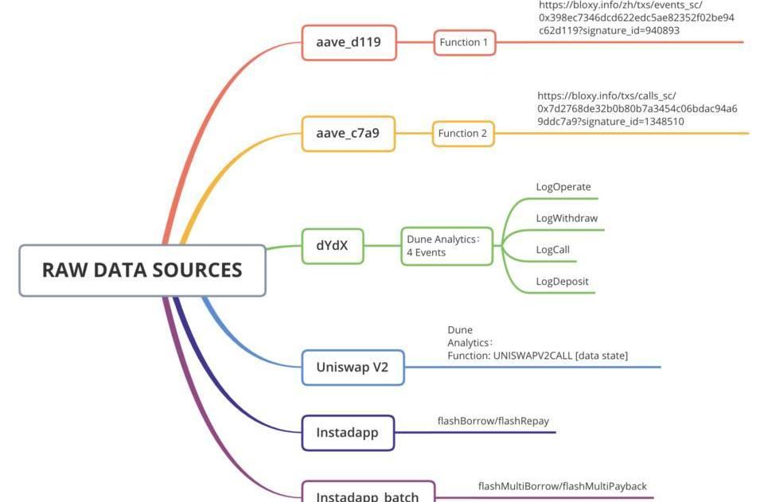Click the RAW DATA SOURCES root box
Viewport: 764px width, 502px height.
tap(142, 270)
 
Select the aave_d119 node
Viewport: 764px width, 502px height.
tap(349, 42)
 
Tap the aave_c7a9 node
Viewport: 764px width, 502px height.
tap(349, 133)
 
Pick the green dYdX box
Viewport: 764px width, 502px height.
tap(332, 245)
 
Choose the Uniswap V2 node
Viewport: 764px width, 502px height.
tap(353, 368)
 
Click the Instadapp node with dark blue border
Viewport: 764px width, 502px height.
tap(348, 433)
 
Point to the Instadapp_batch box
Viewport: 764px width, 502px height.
tap(368, 493)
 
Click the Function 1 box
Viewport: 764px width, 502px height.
tap(465, 42)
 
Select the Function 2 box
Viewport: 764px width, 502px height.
tap(463, 133)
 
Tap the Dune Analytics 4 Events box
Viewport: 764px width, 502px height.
tap(446, 246)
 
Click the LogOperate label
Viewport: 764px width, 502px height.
tap(563, 187)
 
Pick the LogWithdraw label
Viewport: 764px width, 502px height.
tap(567, 218)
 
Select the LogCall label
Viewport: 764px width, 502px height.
tap(553, 250)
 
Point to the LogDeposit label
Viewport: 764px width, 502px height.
tap(563, 281)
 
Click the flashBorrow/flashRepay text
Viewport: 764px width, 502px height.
tap(493, 421)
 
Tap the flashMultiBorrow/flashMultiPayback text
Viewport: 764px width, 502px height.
tap(562, 486)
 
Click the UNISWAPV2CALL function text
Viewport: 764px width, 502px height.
tap(537, 356)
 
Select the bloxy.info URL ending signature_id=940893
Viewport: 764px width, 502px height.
tap(636, 18)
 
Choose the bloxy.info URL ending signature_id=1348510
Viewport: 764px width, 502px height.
tap(637, 108)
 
